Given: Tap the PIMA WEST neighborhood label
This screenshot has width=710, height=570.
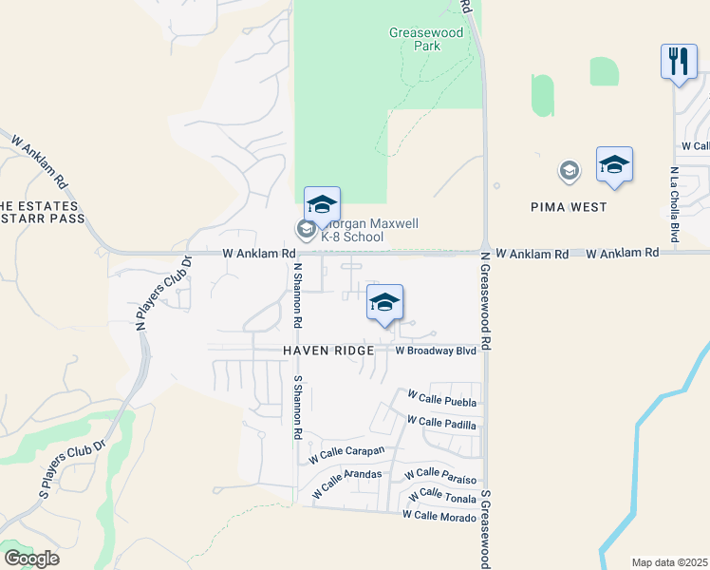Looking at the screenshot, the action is (569, 206).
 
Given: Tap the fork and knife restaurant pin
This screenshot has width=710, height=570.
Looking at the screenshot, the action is (679, 64).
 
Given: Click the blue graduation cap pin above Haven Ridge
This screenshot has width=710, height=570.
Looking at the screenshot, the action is (384, 304).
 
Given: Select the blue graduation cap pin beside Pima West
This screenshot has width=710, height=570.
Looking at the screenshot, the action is (614, 165).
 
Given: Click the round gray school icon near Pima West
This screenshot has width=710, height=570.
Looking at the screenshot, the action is (570, 171).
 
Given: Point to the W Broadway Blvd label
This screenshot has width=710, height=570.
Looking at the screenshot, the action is (435, 351).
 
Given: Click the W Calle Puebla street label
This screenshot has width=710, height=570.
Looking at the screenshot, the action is (441, 398).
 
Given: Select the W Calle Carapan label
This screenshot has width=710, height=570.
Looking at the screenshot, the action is (346, 454).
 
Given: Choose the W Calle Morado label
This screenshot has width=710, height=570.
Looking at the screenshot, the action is (438, 515).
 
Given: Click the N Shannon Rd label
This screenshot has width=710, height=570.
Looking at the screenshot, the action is (297, 295).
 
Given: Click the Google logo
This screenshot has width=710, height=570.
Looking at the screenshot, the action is (31, 559).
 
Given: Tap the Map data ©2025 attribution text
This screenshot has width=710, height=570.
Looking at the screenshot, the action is (669, 562).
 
